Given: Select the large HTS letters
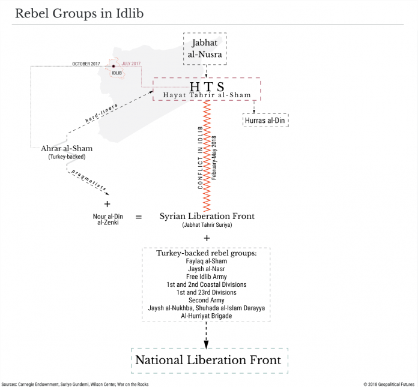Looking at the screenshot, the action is click(207, 87).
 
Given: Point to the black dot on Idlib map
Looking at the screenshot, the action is click(114, 67).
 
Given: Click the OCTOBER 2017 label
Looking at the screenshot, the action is click(86, 64).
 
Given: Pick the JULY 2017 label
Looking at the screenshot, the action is click(131, 64).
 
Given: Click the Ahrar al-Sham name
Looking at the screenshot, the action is click(67, 148).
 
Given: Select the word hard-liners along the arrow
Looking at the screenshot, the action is click(101, 113).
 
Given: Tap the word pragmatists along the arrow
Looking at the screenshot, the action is click(89, 181).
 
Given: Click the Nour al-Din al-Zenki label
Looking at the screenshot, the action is click(108, 220).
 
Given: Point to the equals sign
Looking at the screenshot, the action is click(139, 217).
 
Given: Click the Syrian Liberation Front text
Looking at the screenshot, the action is click(207, 216).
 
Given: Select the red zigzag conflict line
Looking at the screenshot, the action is click(207, 156).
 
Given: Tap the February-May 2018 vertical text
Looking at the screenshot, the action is click(214, 158).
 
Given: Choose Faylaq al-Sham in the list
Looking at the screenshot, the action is click(207, 261).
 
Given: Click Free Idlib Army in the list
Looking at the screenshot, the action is click(207, 277).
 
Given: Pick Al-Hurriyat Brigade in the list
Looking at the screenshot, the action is click(207, 316).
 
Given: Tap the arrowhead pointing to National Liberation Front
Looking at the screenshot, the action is click(206, 344).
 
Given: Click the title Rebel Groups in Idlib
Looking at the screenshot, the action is click(79, 13).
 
